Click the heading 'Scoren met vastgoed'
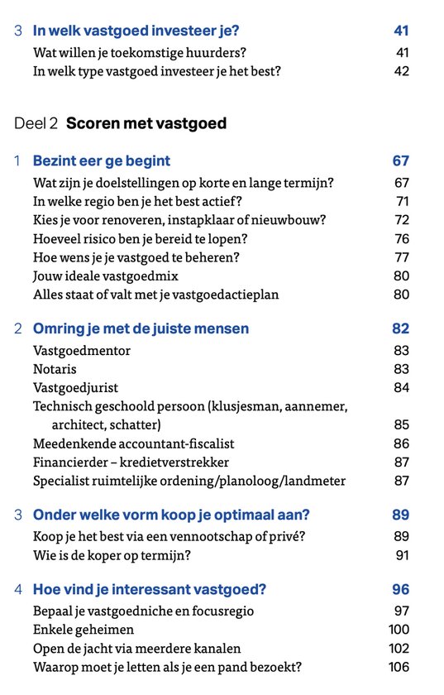pos(146,124)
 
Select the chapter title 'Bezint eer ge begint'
pos(102,161)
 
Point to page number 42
pos(401,71)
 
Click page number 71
pos(402,201)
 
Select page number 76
pos(402,238)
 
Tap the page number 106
pos(399,667)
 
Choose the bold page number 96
pos(400,590)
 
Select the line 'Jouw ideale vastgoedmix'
pos(106,276)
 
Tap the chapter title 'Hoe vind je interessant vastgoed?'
pos(150,590)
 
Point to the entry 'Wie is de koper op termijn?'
pos(112,554)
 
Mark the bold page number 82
pos(400,328)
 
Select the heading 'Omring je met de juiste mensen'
pos(141,328)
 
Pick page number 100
pos(399,630)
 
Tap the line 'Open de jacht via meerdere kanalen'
pos(137,649)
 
